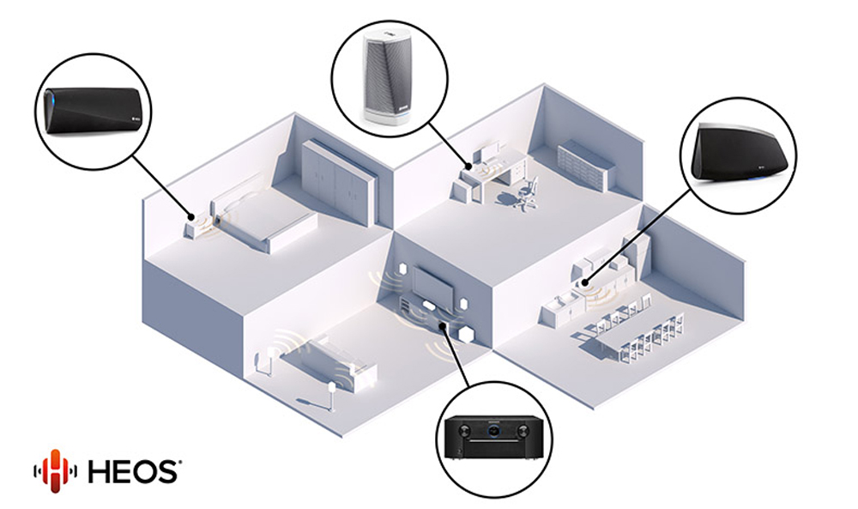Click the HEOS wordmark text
[x=133, y=471]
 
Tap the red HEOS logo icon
[x=55, y=470]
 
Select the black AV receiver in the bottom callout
[x=494, y=436]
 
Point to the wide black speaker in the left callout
[x=93, y=111]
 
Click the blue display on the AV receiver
[x=494, y=430]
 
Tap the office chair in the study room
[x=525, y=194]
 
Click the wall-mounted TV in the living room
[x=432, y=284]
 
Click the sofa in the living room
[x=329, y=364]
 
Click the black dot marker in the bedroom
[x=191, y=217]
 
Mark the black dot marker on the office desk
[x=468, y=166]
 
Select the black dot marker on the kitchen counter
[x=584, y=283]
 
